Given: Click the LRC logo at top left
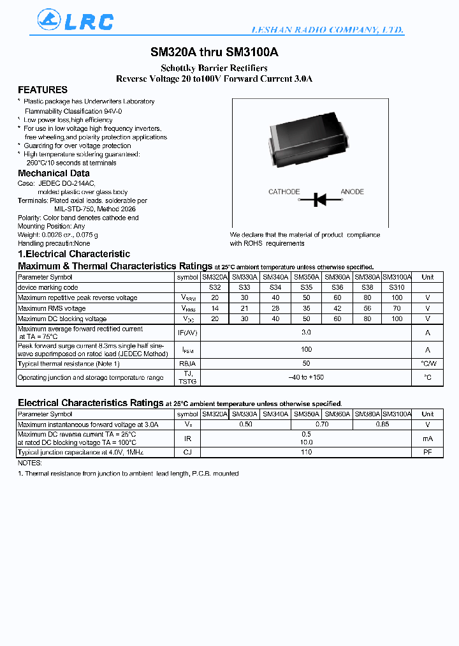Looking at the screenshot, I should tap(75, 21).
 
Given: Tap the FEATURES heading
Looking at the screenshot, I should tap(43, 90).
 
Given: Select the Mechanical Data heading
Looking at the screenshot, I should tap(54, 174).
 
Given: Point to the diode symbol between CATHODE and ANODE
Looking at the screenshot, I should tap(320, 200).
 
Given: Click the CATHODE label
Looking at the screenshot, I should tap(284, 192).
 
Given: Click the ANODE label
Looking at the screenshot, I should tap(353, 192).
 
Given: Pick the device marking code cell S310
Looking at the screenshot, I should tap(396, 287).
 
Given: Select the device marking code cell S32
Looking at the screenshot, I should tap(215, 287).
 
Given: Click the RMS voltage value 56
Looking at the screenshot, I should tap(367, 308).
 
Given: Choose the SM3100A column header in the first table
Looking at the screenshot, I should tap(397, 277).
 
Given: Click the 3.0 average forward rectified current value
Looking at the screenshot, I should tap(306, 333).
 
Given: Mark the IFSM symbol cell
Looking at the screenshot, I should tap(187, 350).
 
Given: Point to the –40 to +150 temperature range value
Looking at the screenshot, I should tap(306, 377).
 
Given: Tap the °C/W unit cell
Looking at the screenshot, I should tap(428, 364).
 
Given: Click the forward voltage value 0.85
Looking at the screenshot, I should tap(382, 424).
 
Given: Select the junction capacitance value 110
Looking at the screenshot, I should tap(306, 452).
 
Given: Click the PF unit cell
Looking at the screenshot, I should tap(428, 452).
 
